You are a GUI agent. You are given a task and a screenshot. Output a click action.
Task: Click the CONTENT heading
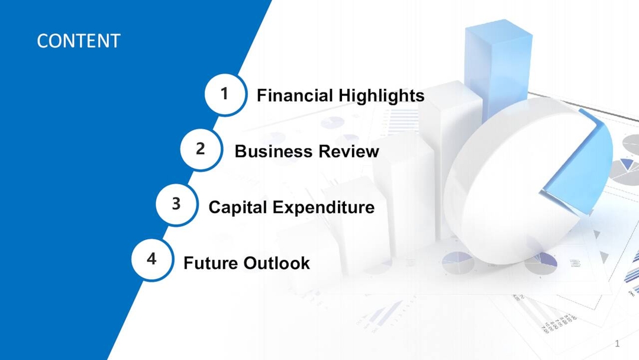78,41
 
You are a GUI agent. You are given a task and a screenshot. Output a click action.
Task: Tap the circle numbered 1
225,94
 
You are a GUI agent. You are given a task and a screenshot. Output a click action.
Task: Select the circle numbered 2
201,149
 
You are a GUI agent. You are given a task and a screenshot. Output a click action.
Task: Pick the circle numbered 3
176,204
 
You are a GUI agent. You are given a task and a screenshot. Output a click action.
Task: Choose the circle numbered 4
152,259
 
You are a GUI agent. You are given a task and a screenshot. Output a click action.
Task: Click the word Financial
295,95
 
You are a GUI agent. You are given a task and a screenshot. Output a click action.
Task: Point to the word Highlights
382,95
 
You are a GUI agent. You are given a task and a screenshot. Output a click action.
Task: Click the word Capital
238,207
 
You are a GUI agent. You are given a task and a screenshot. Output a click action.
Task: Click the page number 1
617,344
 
